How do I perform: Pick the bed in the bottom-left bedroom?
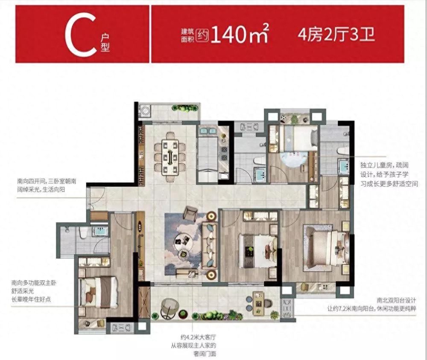(98, 292)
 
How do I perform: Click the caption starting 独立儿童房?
(389, 174)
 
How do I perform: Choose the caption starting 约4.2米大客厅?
(198, 346)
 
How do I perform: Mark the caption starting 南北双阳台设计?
(372, 305)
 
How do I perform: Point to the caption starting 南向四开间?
(47, 185)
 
